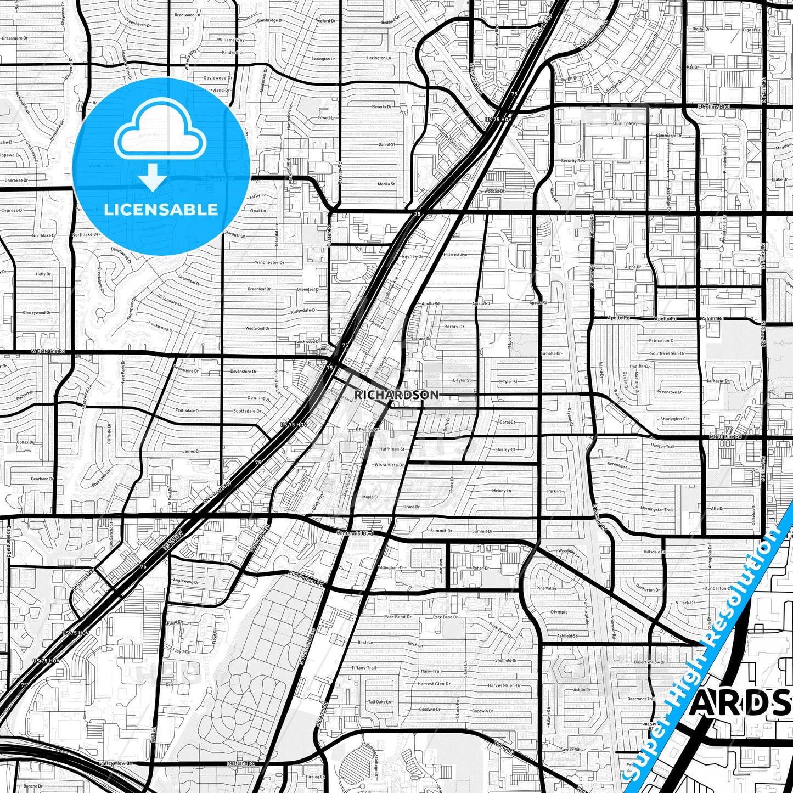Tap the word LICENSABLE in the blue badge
click(161, 210)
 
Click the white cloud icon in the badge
click(160, 137)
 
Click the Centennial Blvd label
click(355, 533)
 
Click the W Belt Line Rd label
click(48, 351)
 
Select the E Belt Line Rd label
click(725, 437)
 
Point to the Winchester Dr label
click(269, 262)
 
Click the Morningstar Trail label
click(656, 510)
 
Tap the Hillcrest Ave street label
click(455, 255)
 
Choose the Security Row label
click(573, 161)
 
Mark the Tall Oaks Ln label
click(379, 702)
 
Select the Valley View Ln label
click(116, 763)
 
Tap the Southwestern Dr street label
click(667, 353)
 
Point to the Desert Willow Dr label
click(648, 662)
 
